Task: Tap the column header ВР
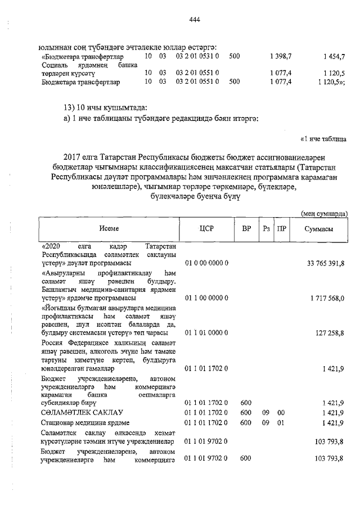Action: click(246, 229)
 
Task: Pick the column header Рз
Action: click(267, 229)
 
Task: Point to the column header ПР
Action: click(282, 229)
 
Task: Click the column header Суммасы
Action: click(318, 229)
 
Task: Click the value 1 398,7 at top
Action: click(280, 57)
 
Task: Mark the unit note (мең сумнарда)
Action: click(323, 213)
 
